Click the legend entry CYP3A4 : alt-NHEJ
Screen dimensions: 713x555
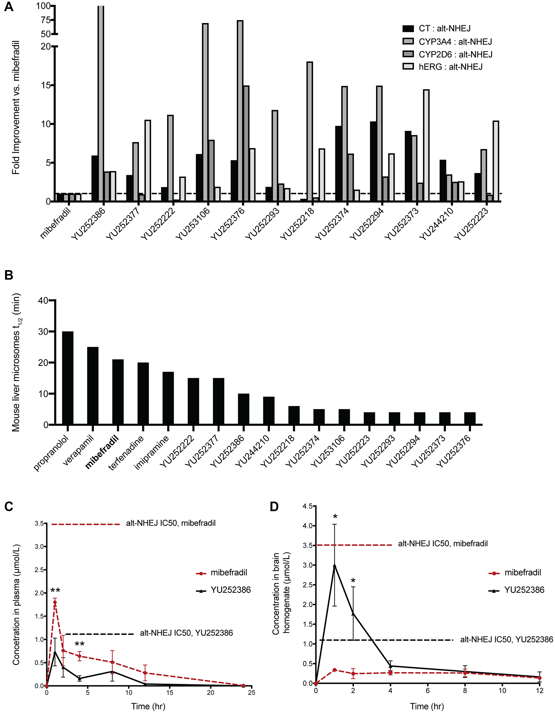coord(455,41)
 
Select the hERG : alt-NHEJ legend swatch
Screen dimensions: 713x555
coord(408,67)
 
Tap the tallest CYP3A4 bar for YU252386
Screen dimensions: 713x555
coord(101,98)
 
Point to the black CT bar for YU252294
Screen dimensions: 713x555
coord(373,161)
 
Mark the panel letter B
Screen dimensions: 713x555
coord(9,275)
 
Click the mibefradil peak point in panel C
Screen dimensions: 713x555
coord(55,602)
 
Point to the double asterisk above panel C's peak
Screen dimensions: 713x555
coord(55,590)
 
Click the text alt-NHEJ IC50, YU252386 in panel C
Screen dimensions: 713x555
coord(186,633)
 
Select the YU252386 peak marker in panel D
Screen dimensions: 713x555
coord(334,565)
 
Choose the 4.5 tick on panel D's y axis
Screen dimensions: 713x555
coord(308,506)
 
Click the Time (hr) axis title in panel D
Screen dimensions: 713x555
coord(427,706)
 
